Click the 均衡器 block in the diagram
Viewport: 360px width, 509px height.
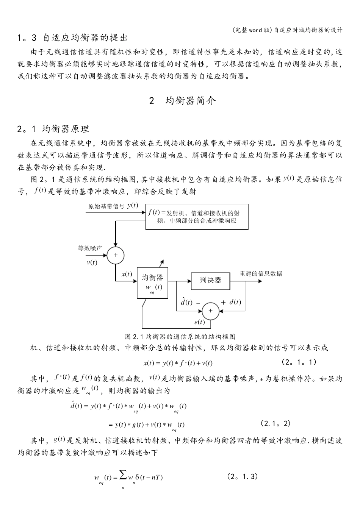click(x=152, y=282)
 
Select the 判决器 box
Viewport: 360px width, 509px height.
click(x=210, y=281)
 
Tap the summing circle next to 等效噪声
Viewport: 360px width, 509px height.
click(x=116, y=255)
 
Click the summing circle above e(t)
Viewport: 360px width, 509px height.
click(x=211, y=311)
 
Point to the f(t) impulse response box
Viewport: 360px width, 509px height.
click(x=197, y=216)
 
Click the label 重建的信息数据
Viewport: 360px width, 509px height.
click(x=261, y=273)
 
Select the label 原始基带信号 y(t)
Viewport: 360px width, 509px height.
click(x=113, y=206)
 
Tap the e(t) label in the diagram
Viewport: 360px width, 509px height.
click(x=199, y=322)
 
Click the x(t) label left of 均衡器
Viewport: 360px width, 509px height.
click(x=127, y=274)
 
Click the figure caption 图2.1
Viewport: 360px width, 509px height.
click(x=180, y=336)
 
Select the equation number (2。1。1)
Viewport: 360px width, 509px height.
click(x=299, y=362)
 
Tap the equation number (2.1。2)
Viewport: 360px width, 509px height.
click(x=275, y=423)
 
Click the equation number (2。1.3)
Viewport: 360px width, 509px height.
click(x=242, y=476)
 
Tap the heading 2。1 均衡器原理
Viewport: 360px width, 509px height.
click(x=53, y=129)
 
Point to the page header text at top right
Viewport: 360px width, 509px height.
click(x=286, y=30)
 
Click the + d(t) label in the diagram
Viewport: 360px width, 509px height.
click(x=231, y=302)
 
